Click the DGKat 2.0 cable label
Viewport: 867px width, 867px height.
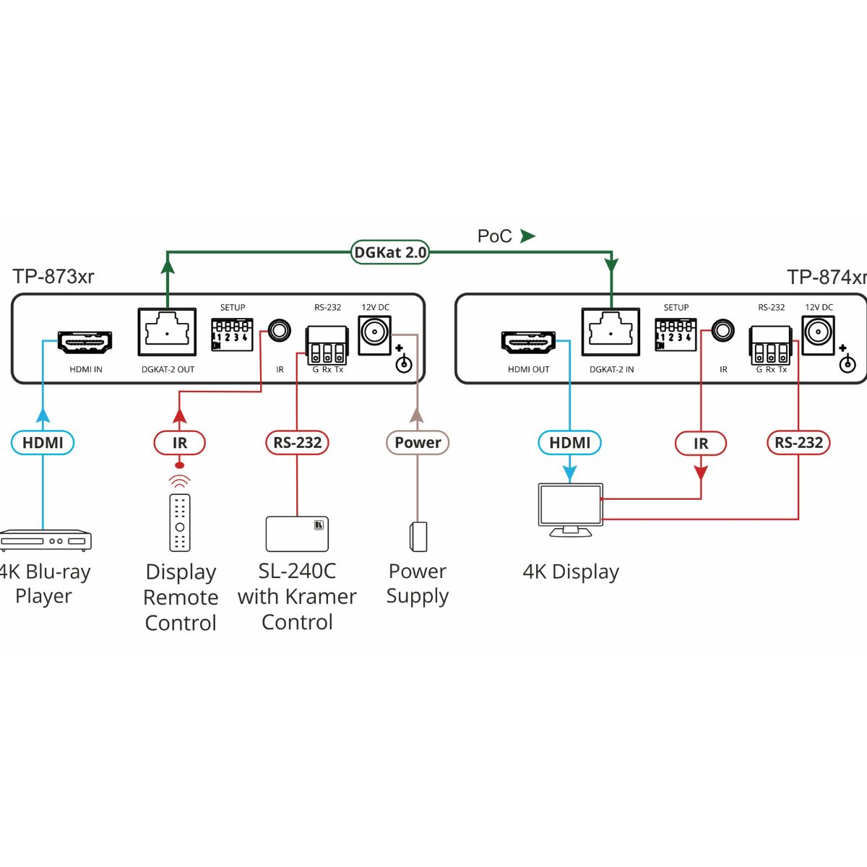(390, 252)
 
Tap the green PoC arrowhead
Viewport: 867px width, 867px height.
(528, 236)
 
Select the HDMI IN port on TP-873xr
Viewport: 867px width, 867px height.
(85, 342)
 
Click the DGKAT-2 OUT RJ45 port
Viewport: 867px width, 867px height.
(167, 332)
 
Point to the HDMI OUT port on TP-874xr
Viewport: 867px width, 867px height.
(528, 342)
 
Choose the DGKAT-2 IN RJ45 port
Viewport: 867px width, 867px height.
(611, 332)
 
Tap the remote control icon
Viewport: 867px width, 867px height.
(180, 522)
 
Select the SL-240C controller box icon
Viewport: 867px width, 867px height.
(297, 534)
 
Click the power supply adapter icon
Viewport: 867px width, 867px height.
(418, 535)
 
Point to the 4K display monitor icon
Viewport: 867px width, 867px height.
(571, 509)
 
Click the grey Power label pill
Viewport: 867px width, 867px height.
(418, 442)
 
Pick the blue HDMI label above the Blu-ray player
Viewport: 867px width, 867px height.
(43, 442)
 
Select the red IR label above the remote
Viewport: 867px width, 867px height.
(179, 442)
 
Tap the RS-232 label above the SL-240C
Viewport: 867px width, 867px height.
(297, 442)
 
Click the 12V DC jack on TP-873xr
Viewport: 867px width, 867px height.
(374, 333)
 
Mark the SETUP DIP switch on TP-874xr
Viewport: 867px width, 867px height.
(676, 335)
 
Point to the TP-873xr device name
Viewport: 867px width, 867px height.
(53, 277)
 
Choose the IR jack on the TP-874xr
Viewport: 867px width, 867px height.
(722, 332)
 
